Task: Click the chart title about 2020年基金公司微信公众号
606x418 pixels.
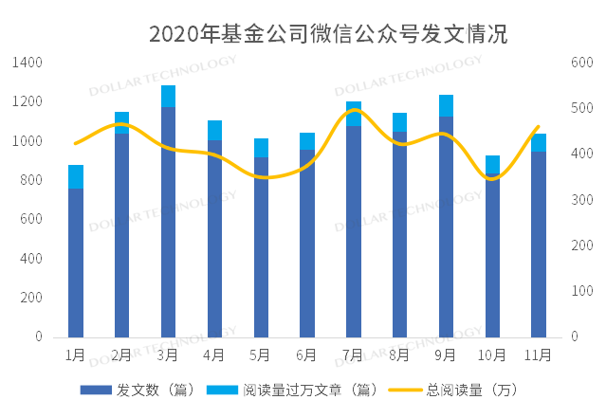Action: [x=328, y=34]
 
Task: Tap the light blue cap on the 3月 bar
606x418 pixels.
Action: [x=168, y=96]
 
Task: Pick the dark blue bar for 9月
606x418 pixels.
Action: [x=446, y=227]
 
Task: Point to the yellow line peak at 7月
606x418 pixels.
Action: [x=354, y=110]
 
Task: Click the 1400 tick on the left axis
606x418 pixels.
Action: [x=28, y=63]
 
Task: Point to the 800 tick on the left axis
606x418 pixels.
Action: [x=31, y=180]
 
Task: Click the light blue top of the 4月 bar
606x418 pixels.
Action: [x=214, y=130]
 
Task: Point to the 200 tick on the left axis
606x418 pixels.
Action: [x=31, y=298]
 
